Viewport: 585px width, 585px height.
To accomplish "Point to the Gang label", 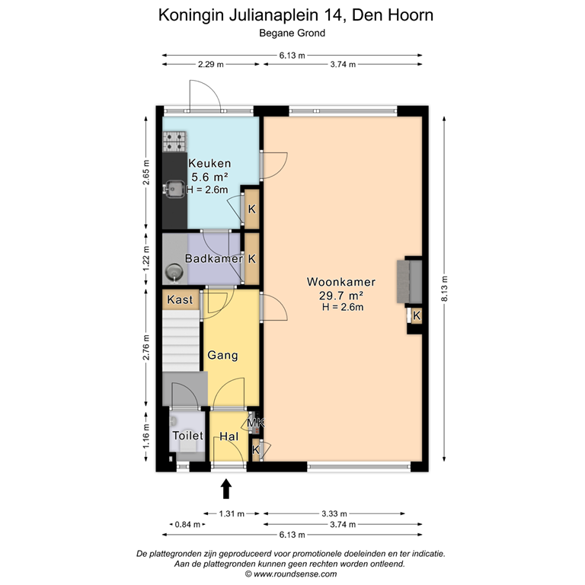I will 222,355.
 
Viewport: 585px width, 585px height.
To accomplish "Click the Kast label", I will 180,300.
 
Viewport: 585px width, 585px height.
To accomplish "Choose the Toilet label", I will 187,436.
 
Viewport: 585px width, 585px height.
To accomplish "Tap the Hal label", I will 229,436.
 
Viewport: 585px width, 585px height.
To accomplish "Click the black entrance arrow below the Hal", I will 226,487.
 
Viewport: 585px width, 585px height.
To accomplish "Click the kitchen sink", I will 174,188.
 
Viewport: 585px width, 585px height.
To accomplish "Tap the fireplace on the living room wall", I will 409,282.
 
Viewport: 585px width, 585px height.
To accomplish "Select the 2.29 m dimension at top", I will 211,65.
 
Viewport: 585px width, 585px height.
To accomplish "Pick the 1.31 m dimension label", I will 231,513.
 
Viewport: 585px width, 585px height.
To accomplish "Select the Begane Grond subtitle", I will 292,33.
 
